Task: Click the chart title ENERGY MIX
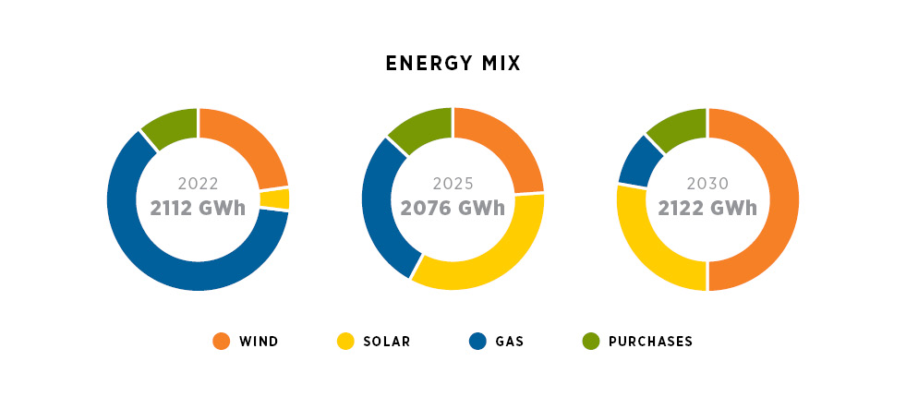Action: coord(453,64)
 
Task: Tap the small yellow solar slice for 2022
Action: coord(274,198)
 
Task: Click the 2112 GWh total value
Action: coord(198,208)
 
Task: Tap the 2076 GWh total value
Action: coord(453,208)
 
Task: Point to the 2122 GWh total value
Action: coord(707,208)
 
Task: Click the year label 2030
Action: coord(707,183)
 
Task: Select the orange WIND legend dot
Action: coord(221,342)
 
